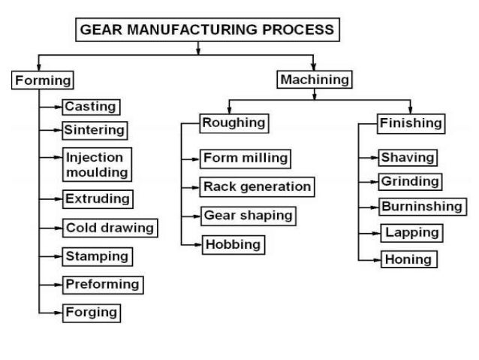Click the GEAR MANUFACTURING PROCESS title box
tap(207, 30)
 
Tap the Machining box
tap(315, 78)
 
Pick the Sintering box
tap(94, 130)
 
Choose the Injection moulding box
tap(98, 165)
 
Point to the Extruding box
tap(98, 199)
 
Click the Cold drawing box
tap(110, 228)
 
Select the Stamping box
tap(98, 256)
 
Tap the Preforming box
tap(103, 284)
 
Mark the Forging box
tap(92, 311)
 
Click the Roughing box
tap(233, 122)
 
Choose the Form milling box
tap(245, 159)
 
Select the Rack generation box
tap(256, 186)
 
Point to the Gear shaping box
tap(248, 215)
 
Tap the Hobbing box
tap(233, 244)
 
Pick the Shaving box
tap(408, 158)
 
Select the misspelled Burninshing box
tap(421, 205)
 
